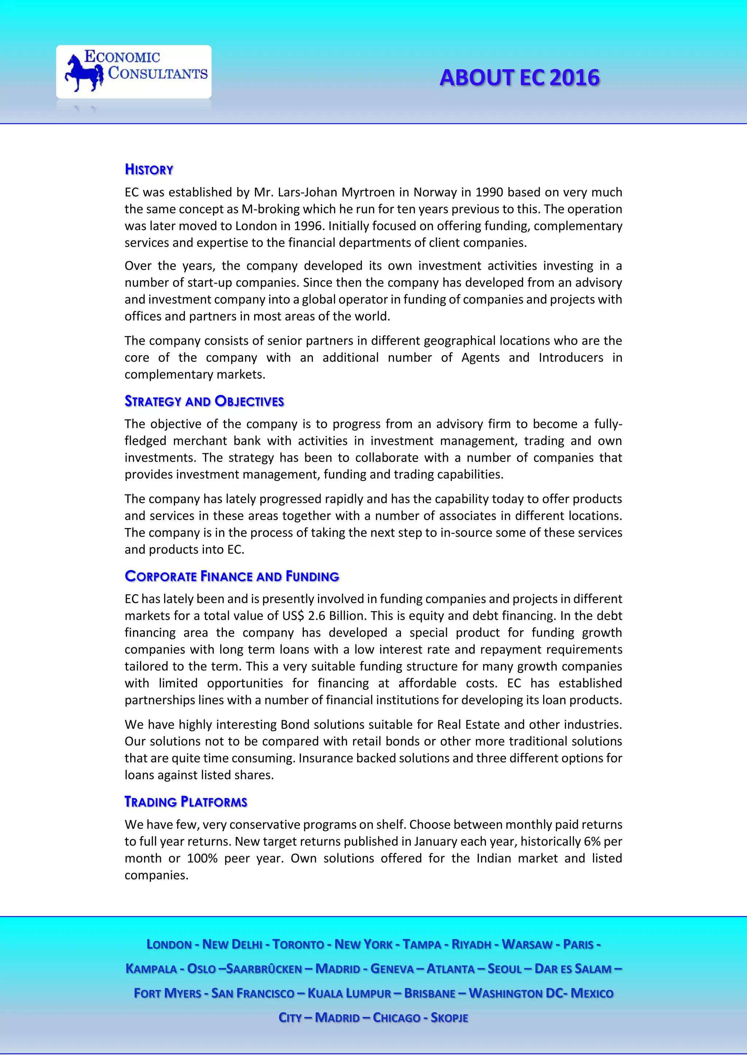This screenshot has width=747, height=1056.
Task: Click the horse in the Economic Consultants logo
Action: coord(84,73)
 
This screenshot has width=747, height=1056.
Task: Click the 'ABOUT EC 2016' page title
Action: coord(519,78)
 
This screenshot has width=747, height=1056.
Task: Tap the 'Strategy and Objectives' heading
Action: coord(204,401)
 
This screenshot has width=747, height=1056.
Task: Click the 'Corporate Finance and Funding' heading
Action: coord(232,576)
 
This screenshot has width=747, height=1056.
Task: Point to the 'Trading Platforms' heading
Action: coord(186,801)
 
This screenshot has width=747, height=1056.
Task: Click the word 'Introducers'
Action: coord(570,357)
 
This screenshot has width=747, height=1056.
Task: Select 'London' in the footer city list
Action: coord(169,944)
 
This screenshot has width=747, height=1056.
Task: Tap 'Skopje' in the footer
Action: coord(449,1018)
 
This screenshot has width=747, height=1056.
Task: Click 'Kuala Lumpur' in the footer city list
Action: coord(349,993)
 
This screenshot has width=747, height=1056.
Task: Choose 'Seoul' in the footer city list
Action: coord(504,969)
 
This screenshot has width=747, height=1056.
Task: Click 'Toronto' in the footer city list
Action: coord(298,944)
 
